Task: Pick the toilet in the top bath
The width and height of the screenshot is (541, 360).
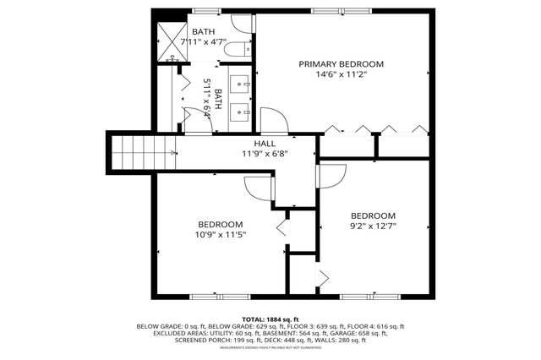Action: tap(239, 47)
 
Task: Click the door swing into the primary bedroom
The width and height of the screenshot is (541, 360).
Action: tap(273, 121)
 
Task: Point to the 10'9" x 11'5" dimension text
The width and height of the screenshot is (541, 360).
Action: tap(221, 235)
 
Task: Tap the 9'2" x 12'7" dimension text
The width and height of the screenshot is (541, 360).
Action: tap(373, 226)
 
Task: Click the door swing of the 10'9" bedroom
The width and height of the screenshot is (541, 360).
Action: tap(257, 188)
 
